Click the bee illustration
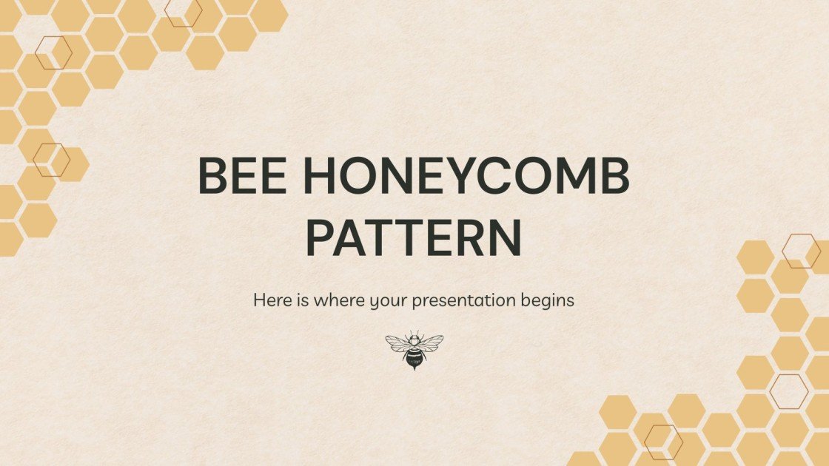tap(414, 349)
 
